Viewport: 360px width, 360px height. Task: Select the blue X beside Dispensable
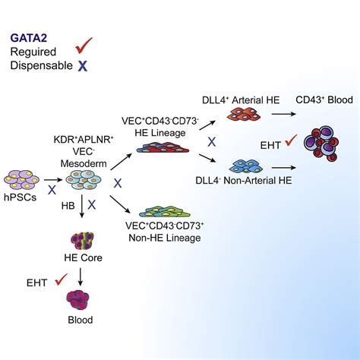tap(82, 66)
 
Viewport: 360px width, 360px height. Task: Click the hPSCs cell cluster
tap(22, 180)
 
